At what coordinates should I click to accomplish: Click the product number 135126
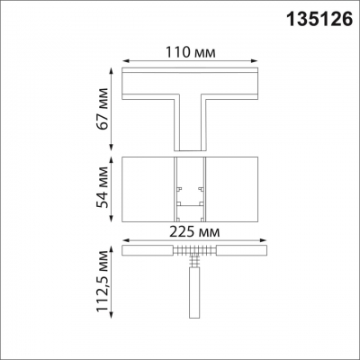tap(319, 19)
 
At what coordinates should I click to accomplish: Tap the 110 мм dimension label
tap(191, 52)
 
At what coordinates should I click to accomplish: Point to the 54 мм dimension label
tap(103, 187)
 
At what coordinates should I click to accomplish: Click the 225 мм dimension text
tap(194, 232)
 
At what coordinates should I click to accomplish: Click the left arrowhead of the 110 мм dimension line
tap(126, 61)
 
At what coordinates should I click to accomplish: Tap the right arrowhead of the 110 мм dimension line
tap(255, 61)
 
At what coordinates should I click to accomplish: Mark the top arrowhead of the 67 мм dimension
tap(112, 71)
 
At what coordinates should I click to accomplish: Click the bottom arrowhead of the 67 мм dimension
tap(112, 147)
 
